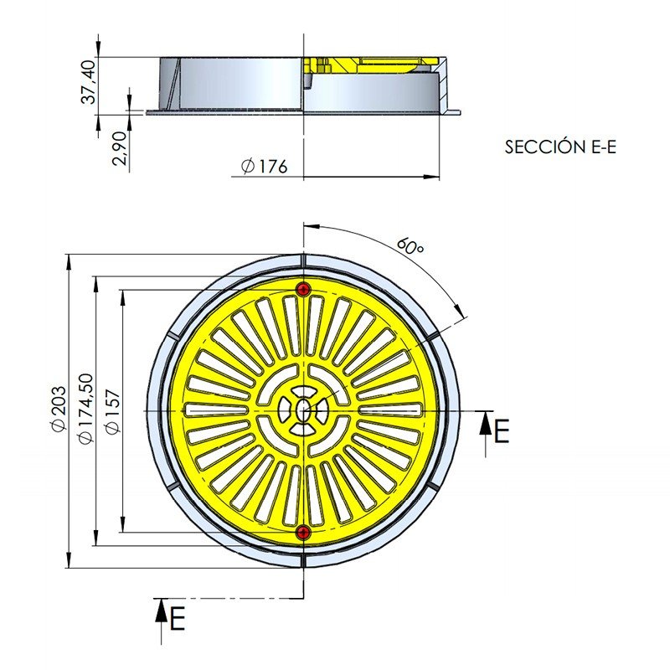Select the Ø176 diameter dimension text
tap(263, 167)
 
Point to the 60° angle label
tap(409, 247)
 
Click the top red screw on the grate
tap(303, 289)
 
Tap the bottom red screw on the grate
tap(303, 533)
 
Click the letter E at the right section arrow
tap(501, 431)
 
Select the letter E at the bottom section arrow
tap(176, 620)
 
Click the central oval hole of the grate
tap(303, 410)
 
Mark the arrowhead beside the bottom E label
tap(159, 609)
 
